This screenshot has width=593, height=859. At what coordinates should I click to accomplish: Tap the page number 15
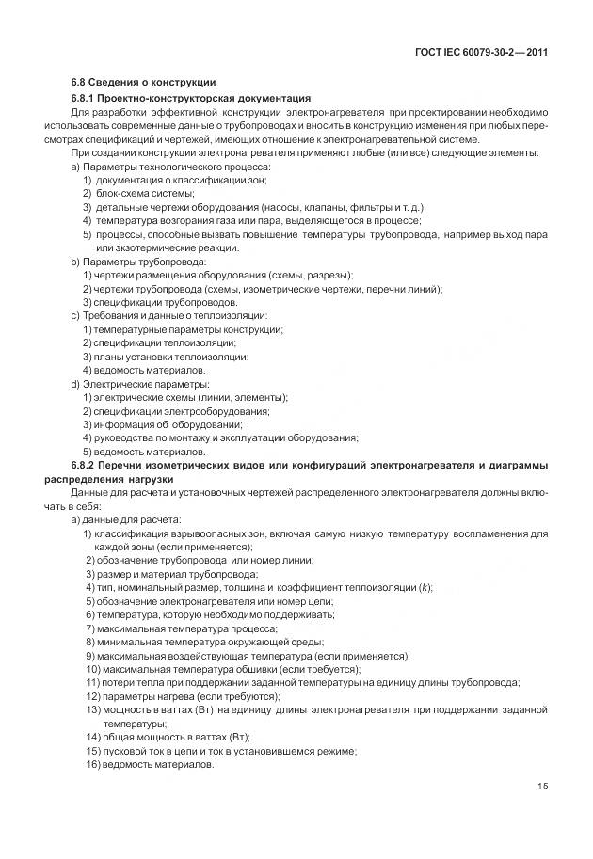(541, 787)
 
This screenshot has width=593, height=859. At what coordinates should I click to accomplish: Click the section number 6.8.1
(86, 98)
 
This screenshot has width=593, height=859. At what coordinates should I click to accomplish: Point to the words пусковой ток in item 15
(131, 751)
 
